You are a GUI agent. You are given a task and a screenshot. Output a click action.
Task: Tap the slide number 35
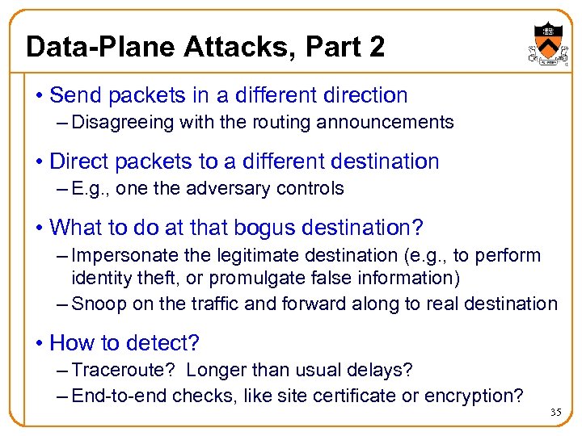(x=555, y=413)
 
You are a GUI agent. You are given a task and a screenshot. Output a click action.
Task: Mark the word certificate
(x=379, y=396)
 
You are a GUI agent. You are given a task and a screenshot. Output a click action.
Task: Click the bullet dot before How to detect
(x=40, y=343)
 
